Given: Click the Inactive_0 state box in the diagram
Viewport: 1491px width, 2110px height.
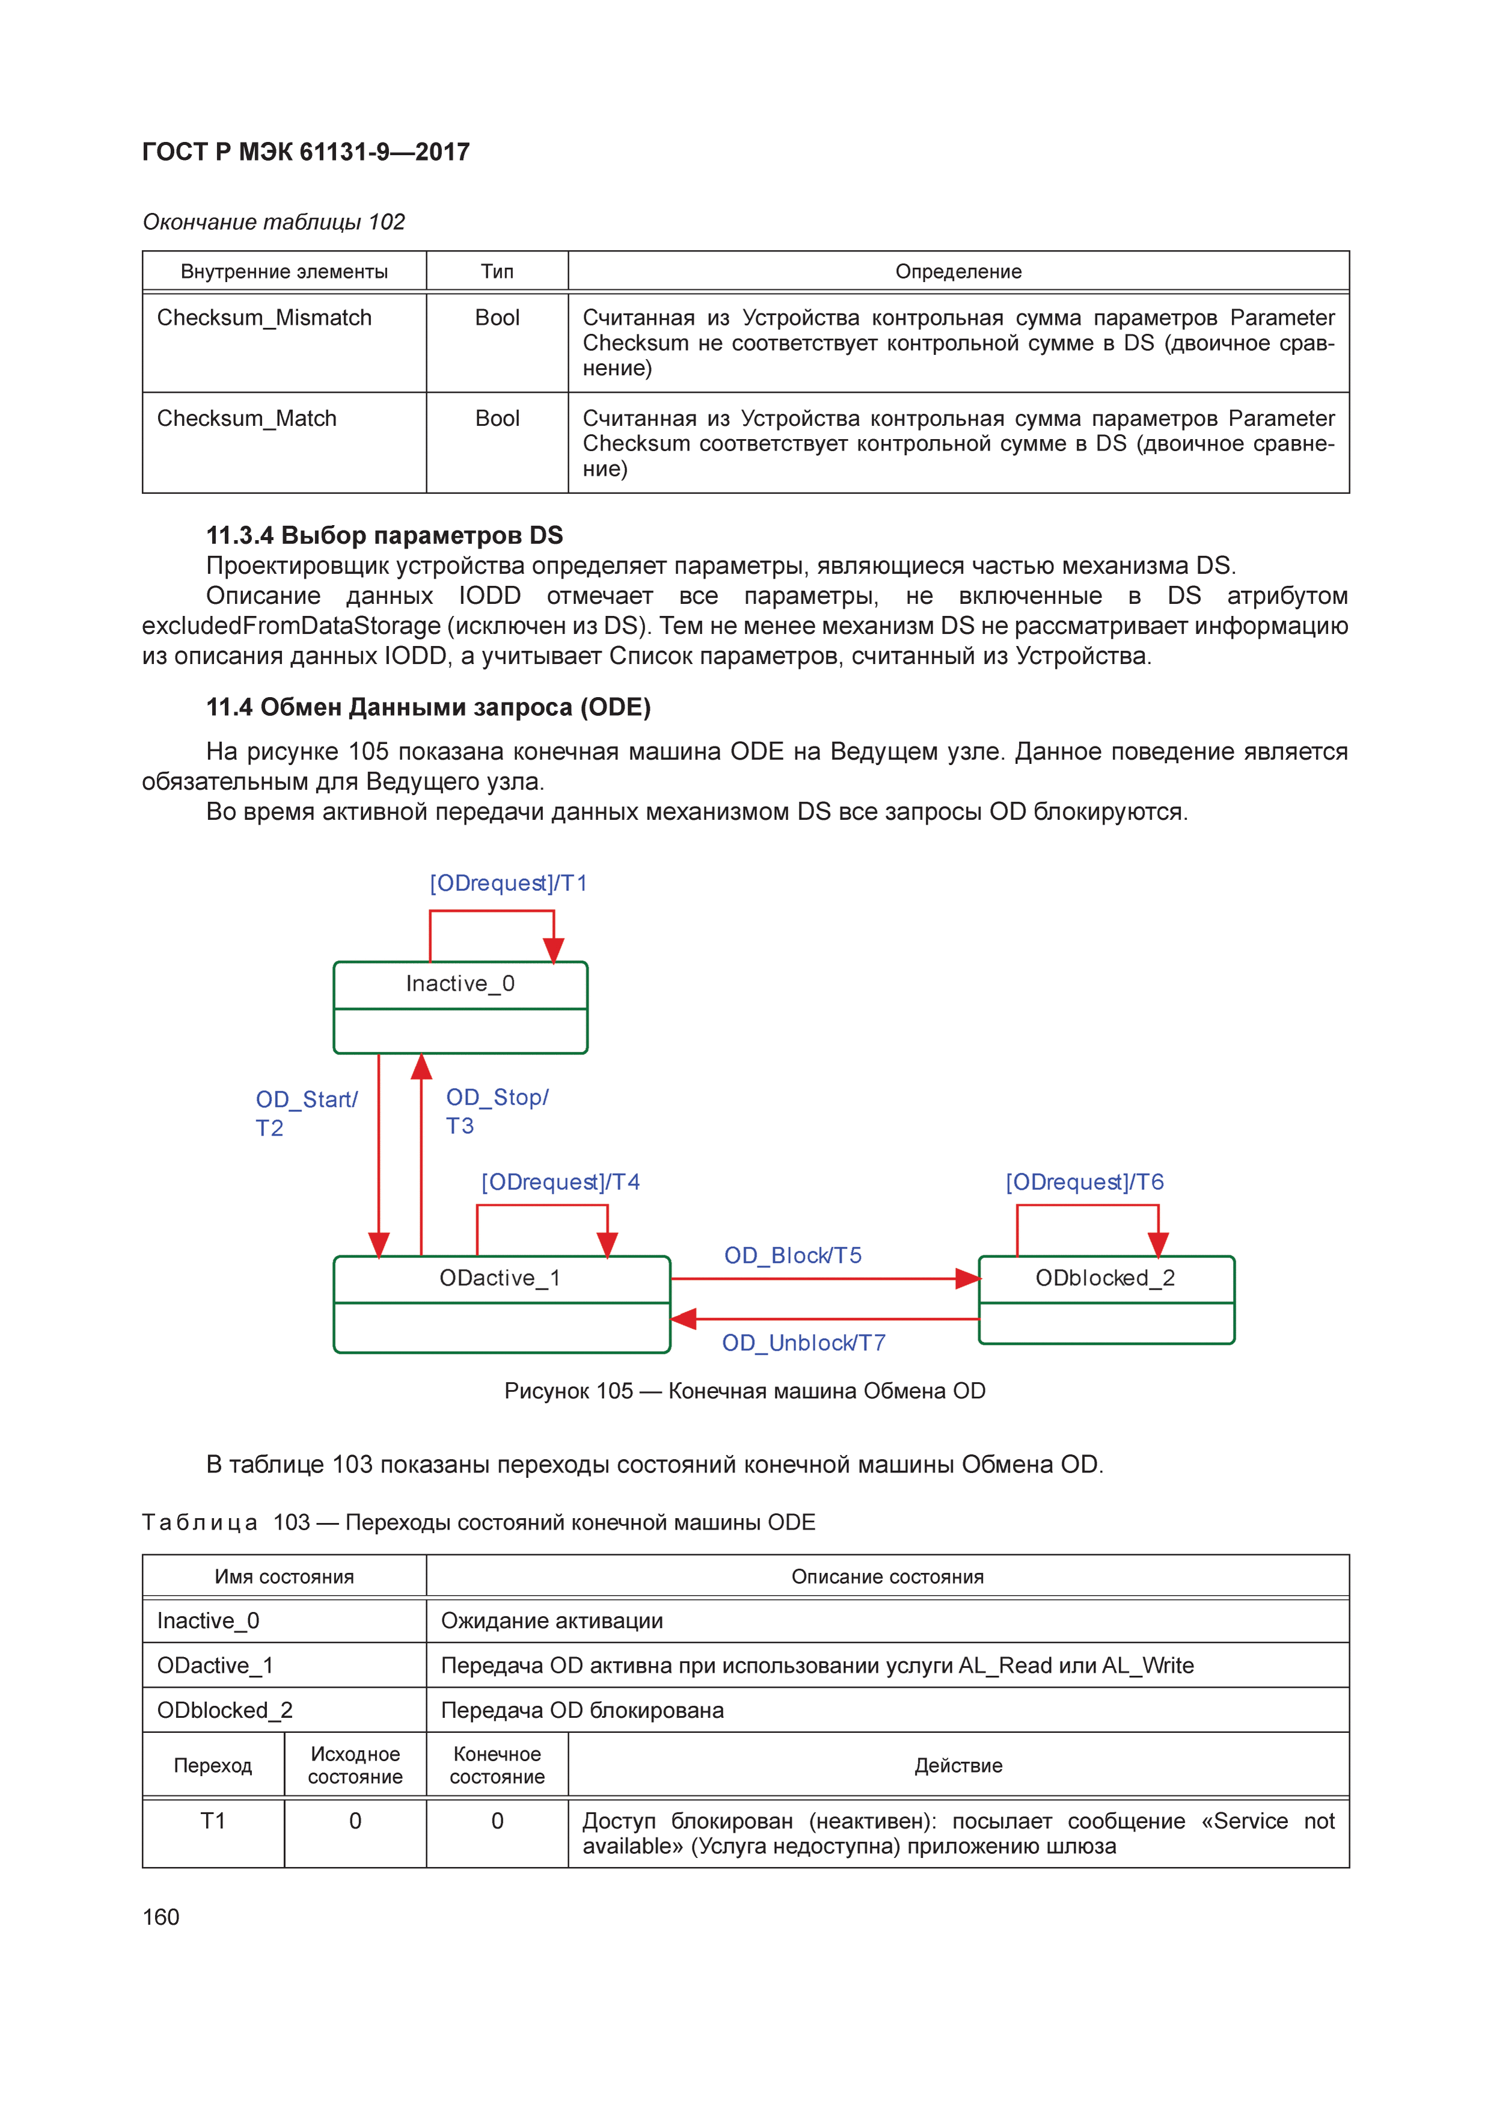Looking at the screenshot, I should tap(461, 1007).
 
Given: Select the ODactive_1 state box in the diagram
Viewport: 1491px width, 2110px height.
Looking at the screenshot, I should tap(501, 1303).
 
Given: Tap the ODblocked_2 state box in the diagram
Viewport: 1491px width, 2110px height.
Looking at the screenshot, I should tap(1106, 1299).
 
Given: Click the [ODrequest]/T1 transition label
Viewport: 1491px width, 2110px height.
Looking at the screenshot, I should tap(508, 883).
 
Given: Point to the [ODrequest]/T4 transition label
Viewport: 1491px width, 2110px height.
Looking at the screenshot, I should tap(560, 1182).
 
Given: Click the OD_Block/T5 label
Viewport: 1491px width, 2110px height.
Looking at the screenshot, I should tap(793, 1255).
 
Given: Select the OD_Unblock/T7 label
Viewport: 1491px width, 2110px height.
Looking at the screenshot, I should tap(804, 1343).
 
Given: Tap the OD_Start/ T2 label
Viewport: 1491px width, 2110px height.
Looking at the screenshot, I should tap(306, 1113).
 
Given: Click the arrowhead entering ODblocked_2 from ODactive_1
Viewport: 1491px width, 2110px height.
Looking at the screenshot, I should tap(967, 1278).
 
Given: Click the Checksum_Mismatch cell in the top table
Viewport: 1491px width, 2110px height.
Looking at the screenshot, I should tap(265, 318).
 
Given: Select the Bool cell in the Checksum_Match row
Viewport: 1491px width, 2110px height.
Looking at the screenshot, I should tap(497, 419).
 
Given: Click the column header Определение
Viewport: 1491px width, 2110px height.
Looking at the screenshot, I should tap(958, 272).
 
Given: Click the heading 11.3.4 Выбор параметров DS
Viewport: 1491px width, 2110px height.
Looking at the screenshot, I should tap(384, 535).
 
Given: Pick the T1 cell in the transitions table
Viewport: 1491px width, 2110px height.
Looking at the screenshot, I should tap(213, 1821).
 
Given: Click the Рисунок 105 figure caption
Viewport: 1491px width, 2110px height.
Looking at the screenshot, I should tap(744, 1391).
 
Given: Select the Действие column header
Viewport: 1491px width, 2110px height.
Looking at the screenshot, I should tap(958, 1765).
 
